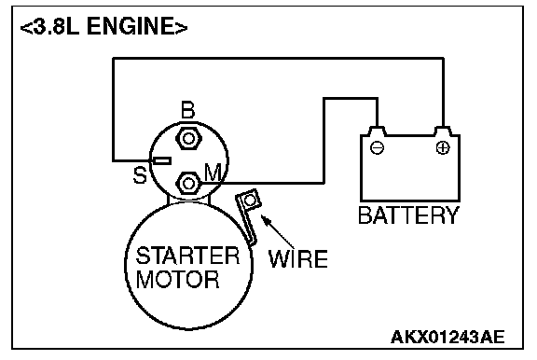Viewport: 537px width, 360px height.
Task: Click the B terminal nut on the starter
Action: click(188, 139)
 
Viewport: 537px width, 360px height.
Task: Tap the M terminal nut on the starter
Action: click(188, 184)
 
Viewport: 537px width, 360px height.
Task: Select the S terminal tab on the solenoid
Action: click(161, 160)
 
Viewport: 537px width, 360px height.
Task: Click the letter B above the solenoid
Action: click(187, 110)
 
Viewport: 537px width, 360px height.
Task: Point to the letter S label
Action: click(140, 175)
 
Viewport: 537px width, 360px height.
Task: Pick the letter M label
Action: click(213, 172)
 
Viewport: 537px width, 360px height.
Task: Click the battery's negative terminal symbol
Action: click(377, 148)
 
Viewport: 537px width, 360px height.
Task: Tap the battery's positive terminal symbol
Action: click(443, 148)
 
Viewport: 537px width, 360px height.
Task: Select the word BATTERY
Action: click(408, 215)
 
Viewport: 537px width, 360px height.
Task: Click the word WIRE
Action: click(298, 258)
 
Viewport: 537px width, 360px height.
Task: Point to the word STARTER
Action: click(187, 256)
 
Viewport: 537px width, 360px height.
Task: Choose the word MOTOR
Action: click(177, 279)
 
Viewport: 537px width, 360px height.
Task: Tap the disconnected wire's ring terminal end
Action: click(250, 201)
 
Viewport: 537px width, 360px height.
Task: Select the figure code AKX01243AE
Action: click(447, 337)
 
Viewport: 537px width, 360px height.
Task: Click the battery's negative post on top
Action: click(377, 132)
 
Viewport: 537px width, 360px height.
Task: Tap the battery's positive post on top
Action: click(443, 132)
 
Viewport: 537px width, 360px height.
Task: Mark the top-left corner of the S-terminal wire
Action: click(114, 59)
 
